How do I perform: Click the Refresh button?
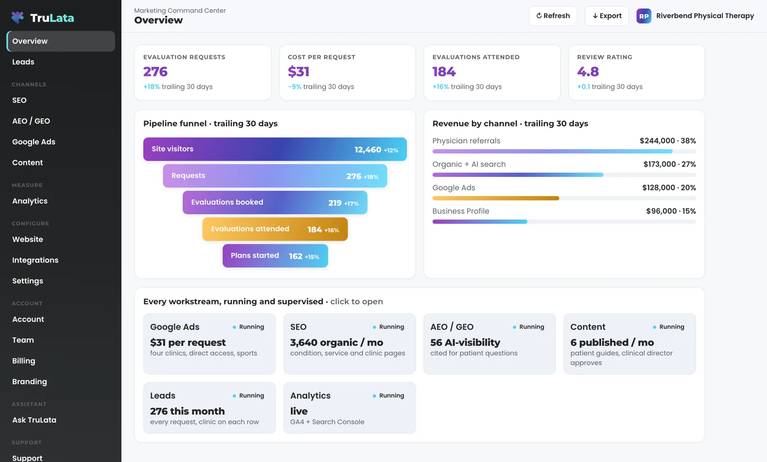point(553,16)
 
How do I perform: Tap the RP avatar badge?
point(644,16)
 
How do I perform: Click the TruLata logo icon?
point(17,17)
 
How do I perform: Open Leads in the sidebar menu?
point(23,62)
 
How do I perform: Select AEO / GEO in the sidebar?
point(31,121)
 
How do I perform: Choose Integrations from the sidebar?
point(35,260)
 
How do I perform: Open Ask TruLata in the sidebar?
point(34,420)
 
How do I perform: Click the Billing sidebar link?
point(23,361)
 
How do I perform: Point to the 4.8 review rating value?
point(588,71)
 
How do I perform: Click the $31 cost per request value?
point(299,71)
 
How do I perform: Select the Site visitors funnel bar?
point(275,149)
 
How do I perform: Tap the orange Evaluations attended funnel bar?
point(275,229)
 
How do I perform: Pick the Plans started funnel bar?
point(275,256)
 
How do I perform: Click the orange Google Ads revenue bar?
point(496,198)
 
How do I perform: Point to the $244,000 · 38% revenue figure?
point(668,141)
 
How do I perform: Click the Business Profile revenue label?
point(461,211)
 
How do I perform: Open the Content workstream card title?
point(588,327)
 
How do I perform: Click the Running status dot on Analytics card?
point(374,396)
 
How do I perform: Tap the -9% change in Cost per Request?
point(294,87)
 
